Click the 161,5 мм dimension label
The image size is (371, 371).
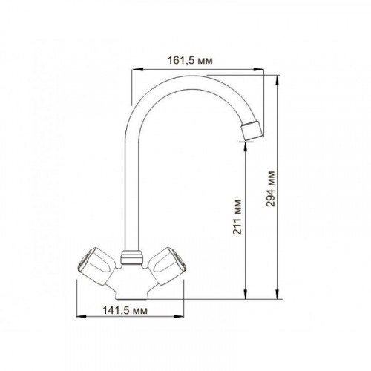[x=190, y=60]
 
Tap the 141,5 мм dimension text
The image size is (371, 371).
[x=125, y=310]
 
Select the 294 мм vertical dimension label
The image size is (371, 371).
[x=271, y=188]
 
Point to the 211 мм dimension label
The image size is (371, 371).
[x=237, y=217]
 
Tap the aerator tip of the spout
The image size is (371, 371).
[x=252, y=130]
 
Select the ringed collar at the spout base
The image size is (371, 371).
[x=132, y=257]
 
